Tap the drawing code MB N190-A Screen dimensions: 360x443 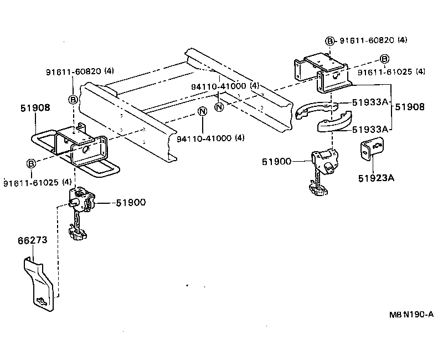[410, 314]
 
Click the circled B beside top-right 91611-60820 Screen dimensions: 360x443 [330, 40]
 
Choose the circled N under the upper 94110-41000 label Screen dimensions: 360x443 [219, 106]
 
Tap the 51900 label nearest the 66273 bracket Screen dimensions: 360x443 [131, 203]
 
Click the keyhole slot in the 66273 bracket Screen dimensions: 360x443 [41, 301]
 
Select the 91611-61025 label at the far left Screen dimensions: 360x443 [37, 182]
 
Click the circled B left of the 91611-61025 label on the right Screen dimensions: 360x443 [384, 59]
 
